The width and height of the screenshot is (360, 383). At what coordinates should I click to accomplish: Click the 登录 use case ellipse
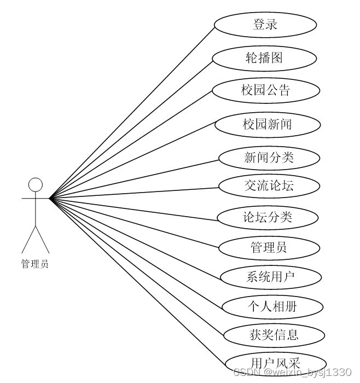[265, 25]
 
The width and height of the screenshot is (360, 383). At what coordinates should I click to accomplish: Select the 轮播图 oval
[264, 57]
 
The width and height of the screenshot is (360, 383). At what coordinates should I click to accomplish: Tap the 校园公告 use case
[265, 90]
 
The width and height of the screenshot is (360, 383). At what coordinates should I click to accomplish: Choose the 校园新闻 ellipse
[267, 124]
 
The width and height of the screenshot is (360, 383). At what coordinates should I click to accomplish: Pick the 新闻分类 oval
[269, 158]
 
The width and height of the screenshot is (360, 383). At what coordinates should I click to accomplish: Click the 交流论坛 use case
[269, 185]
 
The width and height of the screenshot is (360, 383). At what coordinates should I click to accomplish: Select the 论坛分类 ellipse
[268, 217]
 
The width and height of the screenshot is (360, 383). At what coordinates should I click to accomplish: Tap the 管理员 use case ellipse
[269, 247]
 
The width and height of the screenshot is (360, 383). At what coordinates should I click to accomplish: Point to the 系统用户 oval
[270, 276]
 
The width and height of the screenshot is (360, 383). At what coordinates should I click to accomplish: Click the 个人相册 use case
[272, 306]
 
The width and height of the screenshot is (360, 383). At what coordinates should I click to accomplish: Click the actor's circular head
[36, 184]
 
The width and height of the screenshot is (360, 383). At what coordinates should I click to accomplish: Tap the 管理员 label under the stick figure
[35, 264]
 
